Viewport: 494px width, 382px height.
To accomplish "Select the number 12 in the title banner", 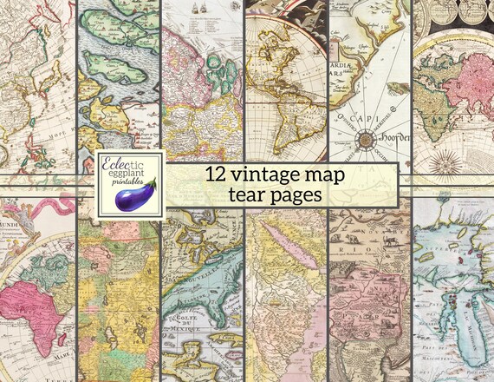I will point(216,174).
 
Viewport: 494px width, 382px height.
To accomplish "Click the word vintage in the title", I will point(261,174).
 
